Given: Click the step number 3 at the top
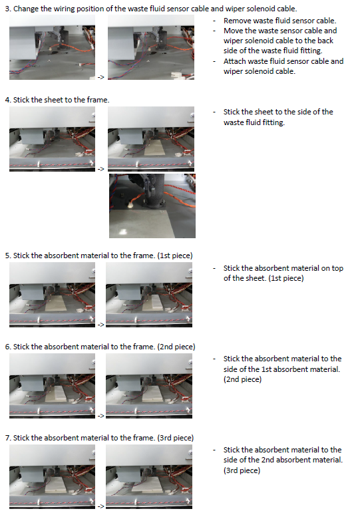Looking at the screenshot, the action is pos(7,9).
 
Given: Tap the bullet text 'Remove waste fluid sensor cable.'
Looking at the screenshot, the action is pos(280,21).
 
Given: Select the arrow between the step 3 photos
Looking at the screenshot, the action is pos(101,77).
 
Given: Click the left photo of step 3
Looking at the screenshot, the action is pos(52,47).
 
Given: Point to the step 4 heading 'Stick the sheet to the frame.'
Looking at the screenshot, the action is pos(61,100).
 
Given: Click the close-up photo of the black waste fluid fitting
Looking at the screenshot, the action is pos(152,206).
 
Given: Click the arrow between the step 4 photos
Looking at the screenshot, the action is pos(101,169).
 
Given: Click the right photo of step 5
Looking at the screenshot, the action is pos(149,295).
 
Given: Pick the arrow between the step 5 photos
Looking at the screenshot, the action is pos(101,325).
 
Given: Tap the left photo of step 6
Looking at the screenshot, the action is pos(52,386).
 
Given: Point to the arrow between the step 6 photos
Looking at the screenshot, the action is pos(101,416).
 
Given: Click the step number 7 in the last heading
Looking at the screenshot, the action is pos(7,438).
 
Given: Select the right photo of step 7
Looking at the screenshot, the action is pos(149,477).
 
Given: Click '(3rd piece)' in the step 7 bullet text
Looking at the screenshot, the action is pos(242,470).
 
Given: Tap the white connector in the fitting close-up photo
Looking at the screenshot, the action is pos(130,206).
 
